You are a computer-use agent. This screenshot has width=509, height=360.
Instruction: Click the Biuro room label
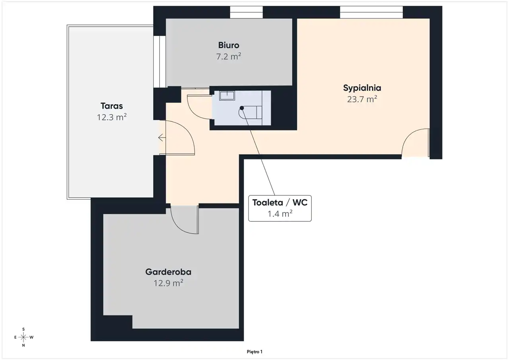point(229,45)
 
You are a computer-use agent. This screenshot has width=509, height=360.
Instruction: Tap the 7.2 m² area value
point(229,56)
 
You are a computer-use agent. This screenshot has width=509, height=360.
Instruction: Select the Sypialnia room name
point(362,88)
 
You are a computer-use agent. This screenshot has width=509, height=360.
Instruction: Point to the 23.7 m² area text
point(362,99)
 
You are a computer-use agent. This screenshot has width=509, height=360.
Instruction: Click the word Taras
point(112,106)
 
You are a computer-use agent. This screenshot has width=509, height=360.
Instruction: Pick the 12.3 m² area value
point(112,117)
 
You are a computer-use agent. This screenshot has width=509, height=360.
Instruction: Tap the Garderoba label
point(168,272)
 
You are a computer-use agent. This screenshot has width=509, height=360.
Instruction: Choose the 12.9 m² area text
point(168,283)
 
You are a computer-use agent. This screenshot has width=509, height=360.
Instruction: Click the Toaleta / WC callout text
point(280,202)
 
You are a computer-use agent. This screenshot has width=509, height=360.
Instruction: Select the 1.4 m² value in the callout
point(280,214)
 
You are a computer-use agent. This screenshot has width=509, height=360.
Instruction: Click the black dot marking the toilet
point(242,108)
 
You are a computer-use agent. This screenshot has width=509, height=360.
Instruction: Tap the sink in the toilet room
point(227,96)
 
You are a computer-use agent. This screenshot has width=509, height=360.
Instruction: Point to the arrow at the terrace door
point(162,138)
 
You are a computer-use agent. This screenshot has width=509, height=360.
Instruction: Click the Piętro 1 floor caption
point(254,352)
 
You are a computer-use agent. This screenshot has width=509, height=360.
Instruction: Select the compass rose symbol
point(23,337)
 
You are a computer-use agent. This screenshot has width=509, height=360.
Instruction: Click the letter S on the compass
point(23,329)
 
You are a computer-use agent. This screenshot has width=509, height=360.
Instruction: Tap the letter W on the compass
point(31,337)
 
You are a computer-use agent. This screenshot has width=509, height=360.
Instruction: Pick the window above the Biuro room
point(246,12)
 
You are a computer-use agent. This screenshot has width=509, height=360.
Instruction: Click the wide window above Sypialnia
point(371,12)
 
